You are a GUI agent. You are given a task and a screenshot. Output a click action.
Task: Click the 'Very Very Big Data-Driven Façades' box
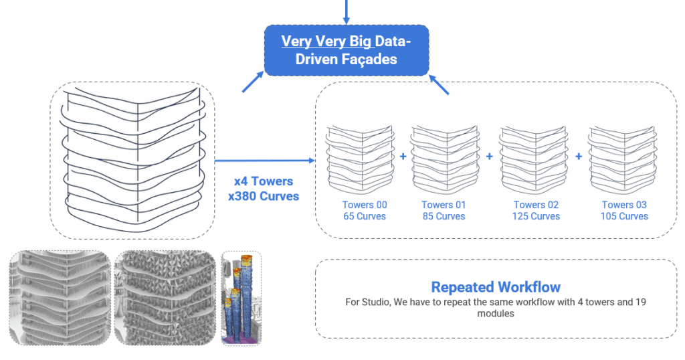(x=346, y=50)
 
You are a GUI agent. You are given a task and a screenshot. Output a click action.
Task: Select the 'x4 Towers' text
(x=262, y=181)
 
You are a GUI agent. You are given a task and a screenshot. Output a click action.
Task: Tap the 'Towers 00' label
(x=365, y=205)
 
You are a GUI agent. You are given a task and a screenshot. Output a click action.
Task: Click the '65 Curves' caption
(x=365, y=216)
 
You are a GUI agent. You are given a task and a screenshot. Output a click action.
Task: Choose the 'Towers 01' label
(x=444, y=205)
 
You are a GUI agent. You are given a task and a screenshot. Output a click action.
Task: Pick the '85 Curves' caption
(x=444, y=216)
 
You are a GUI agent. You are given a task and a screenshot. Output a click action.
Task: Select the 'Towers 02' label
(x=536, y=205)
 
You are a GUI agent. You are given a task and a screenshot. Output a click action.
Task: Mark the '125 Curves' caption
(x=536, y=216)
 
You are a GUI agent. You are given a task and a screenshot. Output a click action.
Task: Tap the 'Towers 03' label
(x=624, y=205)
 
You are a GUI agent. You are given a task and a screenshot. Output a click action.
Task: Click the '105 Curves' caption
(x=624, y=216)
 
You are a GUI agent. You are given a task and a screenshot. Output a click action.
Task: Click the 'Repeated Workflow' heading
(x=496, y=288)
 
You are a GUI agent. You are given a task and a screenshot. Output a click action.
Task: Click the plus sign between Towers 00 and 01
(x=403, y=156)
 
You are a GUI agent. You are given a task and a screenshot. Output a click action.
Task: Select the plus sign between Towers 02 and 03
(x=579, y=156)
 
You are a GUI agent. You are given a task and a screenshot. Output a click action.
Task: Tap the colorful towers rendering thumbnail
(x=241, y=298)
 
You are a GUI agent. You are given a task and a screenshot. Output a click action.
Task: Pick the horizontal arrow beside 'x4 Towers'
(x=264, y=161)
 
